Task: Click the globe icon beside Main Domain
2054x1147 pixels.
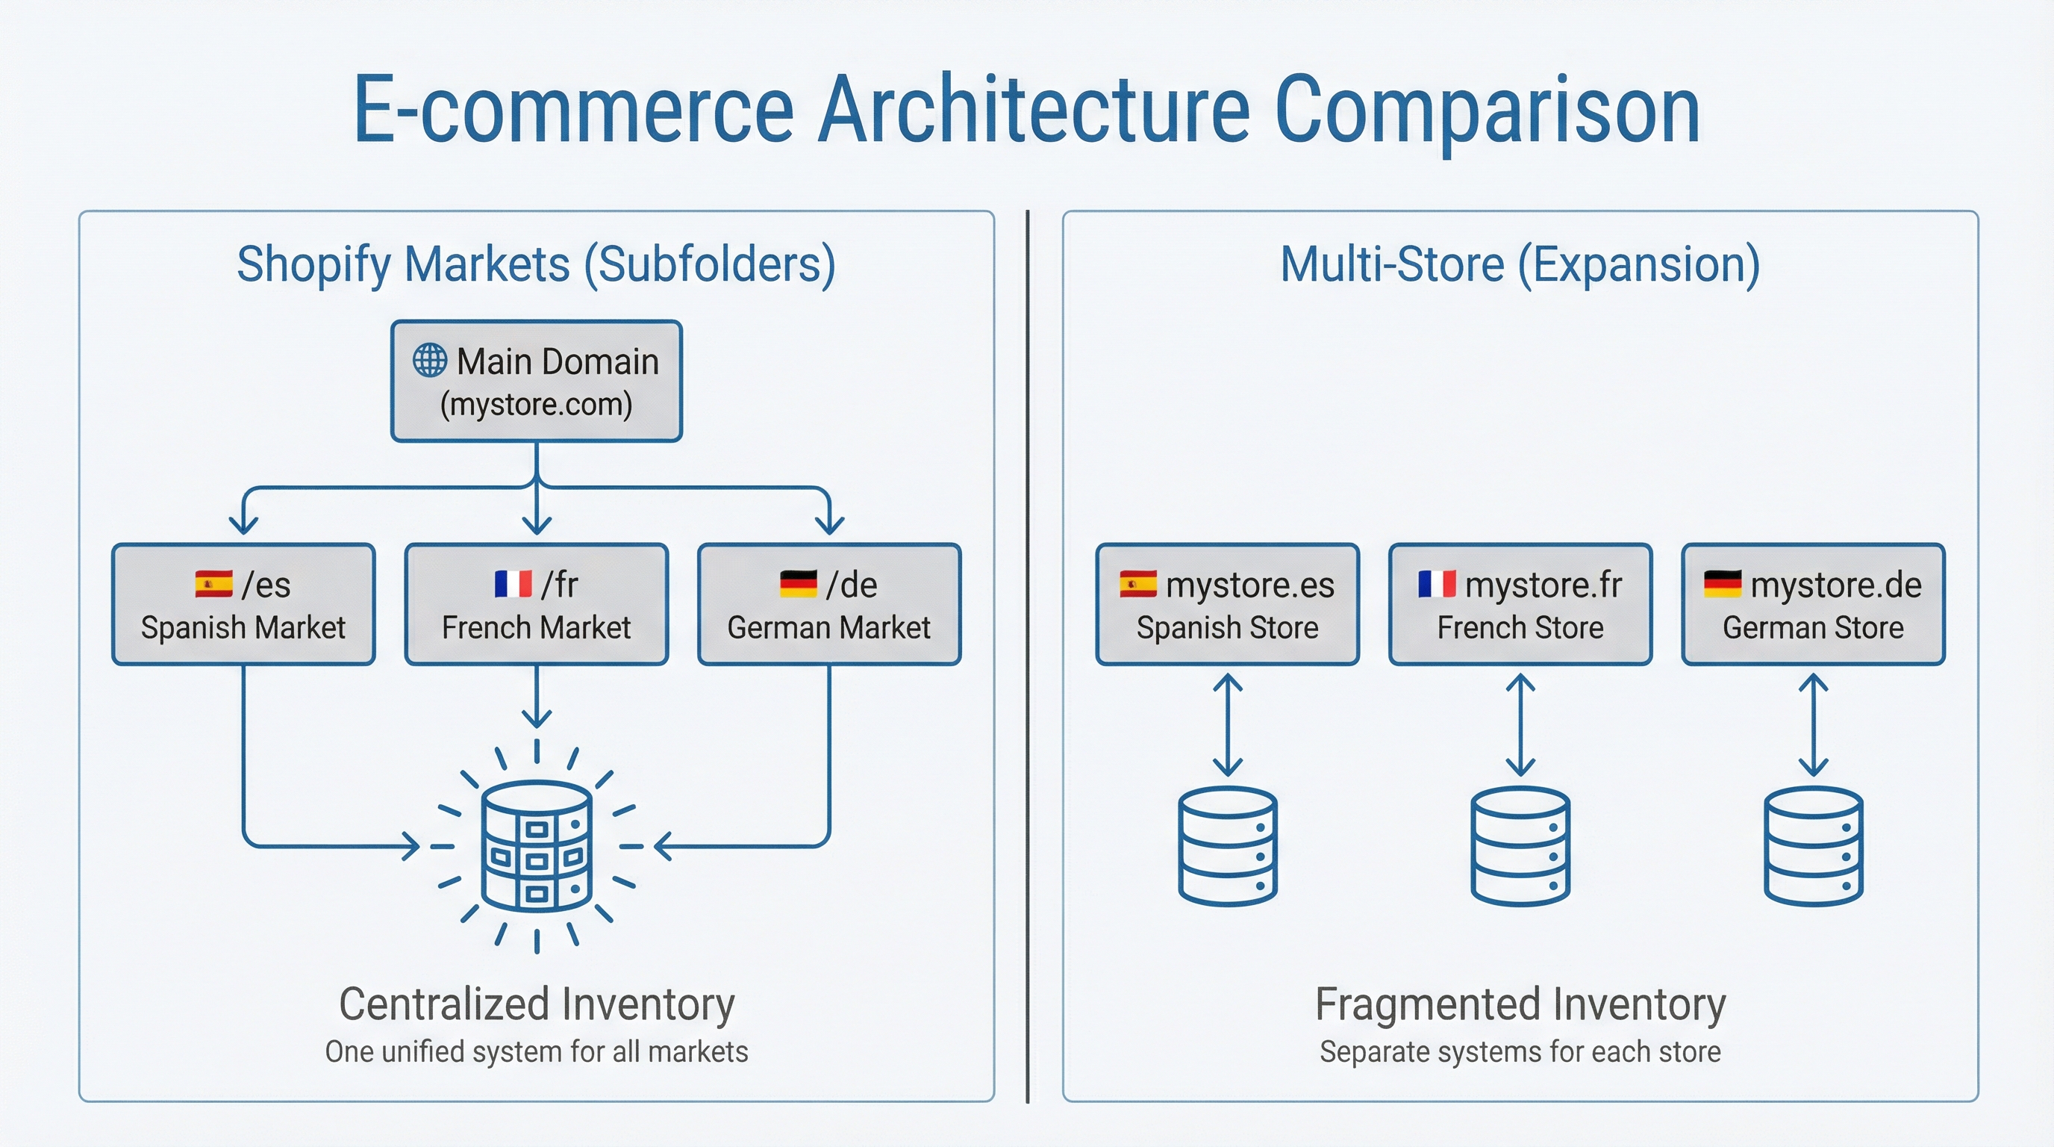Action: coord(430,360)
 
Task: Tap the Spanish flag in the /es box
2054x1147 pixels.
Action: coord(213,584)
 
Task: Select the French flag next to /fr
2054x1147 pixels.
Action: coord(513,584)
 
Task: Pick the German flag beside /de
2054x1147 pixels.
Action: coord(798,584)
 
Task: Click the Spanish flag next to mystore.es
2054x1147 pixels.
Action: coord(1137,584)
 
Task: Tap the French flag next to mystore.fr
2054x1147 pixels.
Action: coord(1437,584)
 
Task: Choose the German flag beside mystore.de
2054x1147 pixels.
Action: coord(1723,584)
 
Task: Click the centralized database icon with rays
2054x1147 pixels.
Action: coord(537,846)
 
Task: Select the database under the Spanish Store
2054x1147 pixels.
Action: coord(1227,846)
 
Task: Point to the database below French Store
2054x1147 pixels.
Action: coord(1520,846)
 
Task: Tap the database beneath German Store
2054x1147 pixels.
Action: coord(1813,846)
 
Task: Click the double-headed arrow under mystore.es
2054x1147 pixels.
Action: coord(1227,725)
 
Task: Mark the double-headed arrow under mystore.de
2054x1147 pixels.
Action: coord(1813,725)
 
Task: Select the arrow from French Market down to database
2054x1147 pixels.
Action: coord(537,698)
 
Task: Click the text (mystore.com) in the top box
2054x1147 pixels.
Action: coord(537,405)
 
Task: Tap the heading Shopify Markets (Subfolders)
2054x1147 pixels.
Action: coord(537,264)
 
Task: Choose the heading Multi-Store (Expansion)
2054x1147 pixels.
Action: coord(1520,264)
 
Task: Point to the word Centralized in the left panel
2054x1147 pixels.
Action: coord(443,1004)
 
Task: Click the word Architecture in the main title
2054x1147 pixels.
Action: coord(1034,109)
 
